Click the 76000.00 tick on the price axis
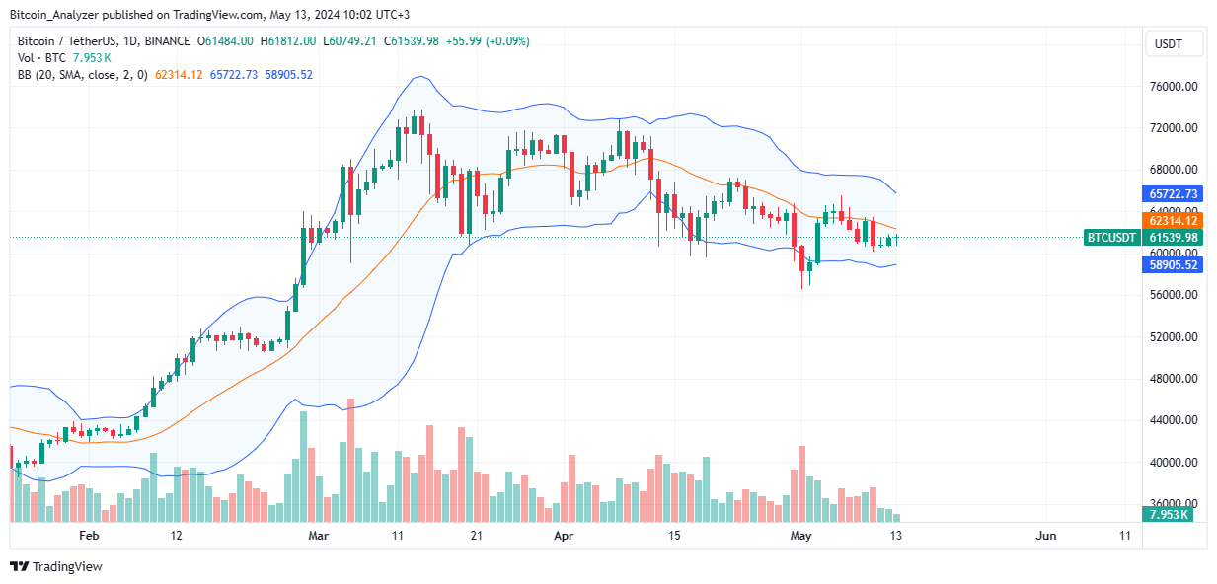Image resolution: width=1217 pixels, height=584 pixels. pyautogui.click(x=1174, y=87)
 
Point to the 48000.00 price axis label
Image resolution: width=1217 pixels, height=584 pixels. pyautogui.click(x=1174, y=380)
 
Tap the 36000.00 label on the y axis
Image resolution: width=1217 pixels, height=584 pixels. pyautogui.click(x=1174, y=504)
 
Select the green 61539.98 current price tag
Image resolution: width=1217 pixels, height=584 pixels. pyautogui.click(x=1173, y=238)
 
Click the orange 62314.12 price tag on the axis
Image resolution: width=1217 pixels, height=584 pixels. pyautogui.click(x=1173, y=221)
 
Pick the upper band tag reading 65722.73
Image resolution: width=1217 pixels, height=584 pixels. pyautogui.click(x=1173, y=194)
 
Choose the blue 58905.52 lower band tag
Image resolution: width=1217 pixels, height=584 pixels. pyautogui.click(x=1173, y=265)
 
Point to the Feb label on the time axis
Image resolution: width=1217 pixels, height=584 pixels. pyautogui.click(x=89, y=536)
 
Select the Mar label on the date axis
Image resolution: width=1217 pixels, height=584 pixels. pyautogui.click(x=318, y=536)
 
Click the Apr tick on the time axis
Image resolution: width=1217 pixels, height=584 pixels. pyautogui.click(x=564, y=536)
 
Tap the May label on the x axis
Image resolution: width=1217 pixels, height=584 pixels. pyautogui.click(x=801, y=536)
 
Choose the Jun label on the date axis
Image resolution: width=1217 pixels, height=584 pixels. pyautogui.click(x=1046, y=536)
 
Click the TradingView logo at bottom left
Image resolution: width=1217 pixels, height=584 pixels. pyautogui.click(x=56, y=567)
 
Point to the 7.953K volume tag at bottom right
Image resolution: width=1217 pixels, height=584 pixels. pyautogui.click(x=1173, y=514)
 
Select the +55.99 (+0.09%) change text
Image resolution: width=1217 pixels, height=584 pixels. pyautogui.click(x=492, y=41)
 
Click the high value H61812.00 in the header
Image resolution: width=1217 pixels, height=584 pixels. pyautogui.click(x=288, y=41)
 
